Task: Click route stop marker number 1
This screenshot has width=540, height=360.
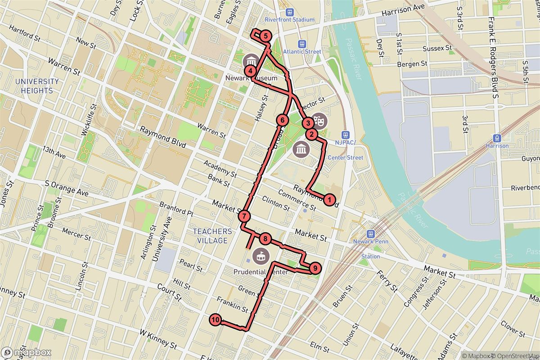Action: pyautogui.click(x=329, y=199)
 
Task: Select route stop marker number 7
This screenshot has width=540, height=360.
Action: pyautogui.click(x=244, y=216)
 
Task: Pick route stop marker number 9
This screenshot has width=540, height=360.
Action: pyautogui.click(x=315, y=268)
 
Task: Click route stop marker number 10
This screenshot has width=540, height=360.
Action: pyautogui.click(x=216, y=320)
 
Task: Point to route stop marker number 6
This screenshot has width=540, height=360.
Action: pyautogui.click(x=282, y=120)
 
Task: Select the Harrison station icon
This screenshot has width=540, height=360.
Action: pyautogui.click(x=497, y=138)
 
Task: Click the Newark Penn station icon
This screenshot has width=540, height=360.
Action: pyautogui.click(x=370, y=234)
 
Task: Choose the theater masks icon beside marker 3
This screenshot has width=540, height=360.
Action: pyautogui.click(x=319, y=121)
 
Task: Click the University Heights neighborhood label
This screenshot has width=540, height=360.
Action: pyautogui.click(x=37, y=86)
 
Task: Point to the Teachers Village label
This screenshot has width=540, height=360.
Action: pyautogui.click(x=212, y=236)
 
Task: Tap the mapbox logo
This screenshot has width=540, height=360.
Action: pyautogui.click(x=26, y=353)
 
